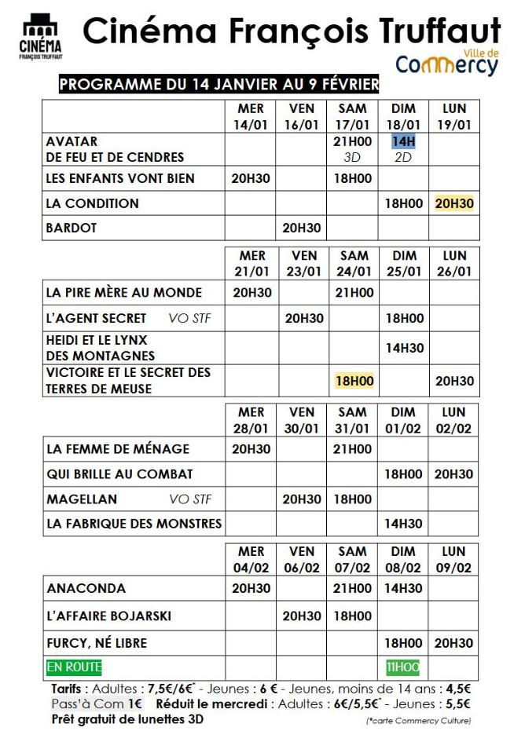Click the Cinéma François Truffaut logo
pyautogui.click(x=41, y=37)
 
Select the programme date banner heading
pyautogui.click(x=219, y=84)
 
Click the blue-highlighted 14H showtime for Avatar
pyautogui.click(x=403, y=141)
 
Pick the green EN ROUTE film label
pyautogui.click(x=74, y=667)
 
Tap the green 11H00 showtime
pyautogui.click(x=403, y=667)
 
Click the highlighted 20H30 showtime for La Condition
pyautogui.click(x=453, y=203)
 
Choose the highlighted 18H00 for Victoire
pyautogui.click(x=354, y=381)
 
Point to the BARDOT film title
pyautogui.click(x=72, y=228)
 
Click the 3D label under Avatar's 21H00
pyautogui.click(x=352, y=157)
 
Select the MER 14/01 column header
pyautogui.click(x=251, y=116)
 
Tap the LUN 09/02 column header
pyautogui.click(x=453, y=559)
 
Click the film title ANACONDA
pyautogui.click(x=86, y=588)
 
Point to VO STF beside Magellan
pyautogui.click(x=190, y=499)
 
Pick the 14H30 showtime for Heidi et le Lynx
pyautogui.click(x=403, y=348)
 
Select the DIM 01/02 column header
pyautogui.click(x=403, y=420)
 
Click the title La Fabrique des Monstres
pyautogui.click(x=134, y=524)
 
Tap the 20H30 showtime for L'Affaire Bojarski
pyautogui.click(x=302, y=616)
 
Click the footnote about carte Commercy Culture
pyautogui.click(x=419, y=721)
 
